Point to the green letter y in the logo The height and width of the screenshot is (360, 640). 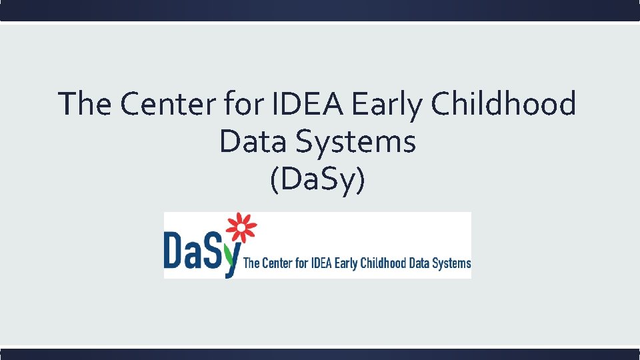[x=232, y=261]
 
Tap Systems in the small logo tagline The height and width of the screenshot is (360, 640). [x=453, y=263]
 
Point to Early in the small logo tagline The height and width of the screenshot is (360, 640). [x=346, y=263]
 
